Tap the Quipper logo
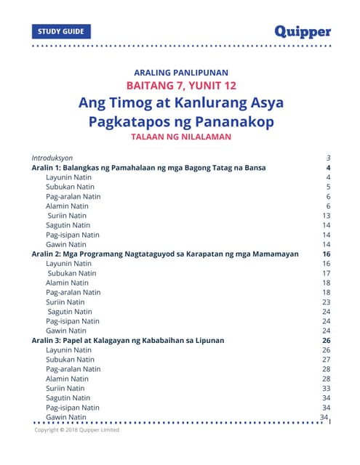pos(303,31)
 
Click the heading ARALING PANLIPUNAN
pos(181,72)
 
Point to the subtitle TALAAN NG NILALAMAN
pos(181,137)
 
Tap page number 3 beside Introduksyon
pos(329,158)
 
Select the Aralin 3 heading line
pos(127,340)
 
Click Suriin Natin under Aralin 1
pos(67,216)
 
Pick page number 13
pos(327,216)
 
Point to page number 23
pos(327,302)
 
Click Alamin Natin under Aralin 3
pos(68,379)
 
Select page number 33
pos(327,388)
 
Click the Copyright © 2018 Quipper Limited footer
pos(77,430)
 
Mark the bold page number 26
pos(327,340)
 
